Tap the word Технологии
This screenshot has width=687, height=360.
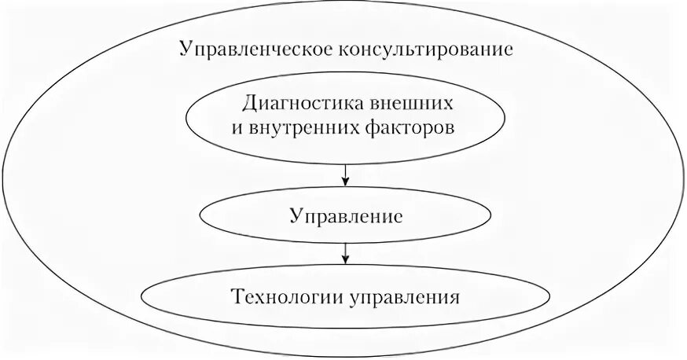277,298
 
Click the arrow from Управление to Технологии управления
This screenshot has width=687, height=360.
346,252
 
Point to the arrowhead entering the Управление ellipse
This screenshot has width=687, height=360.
346,183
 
